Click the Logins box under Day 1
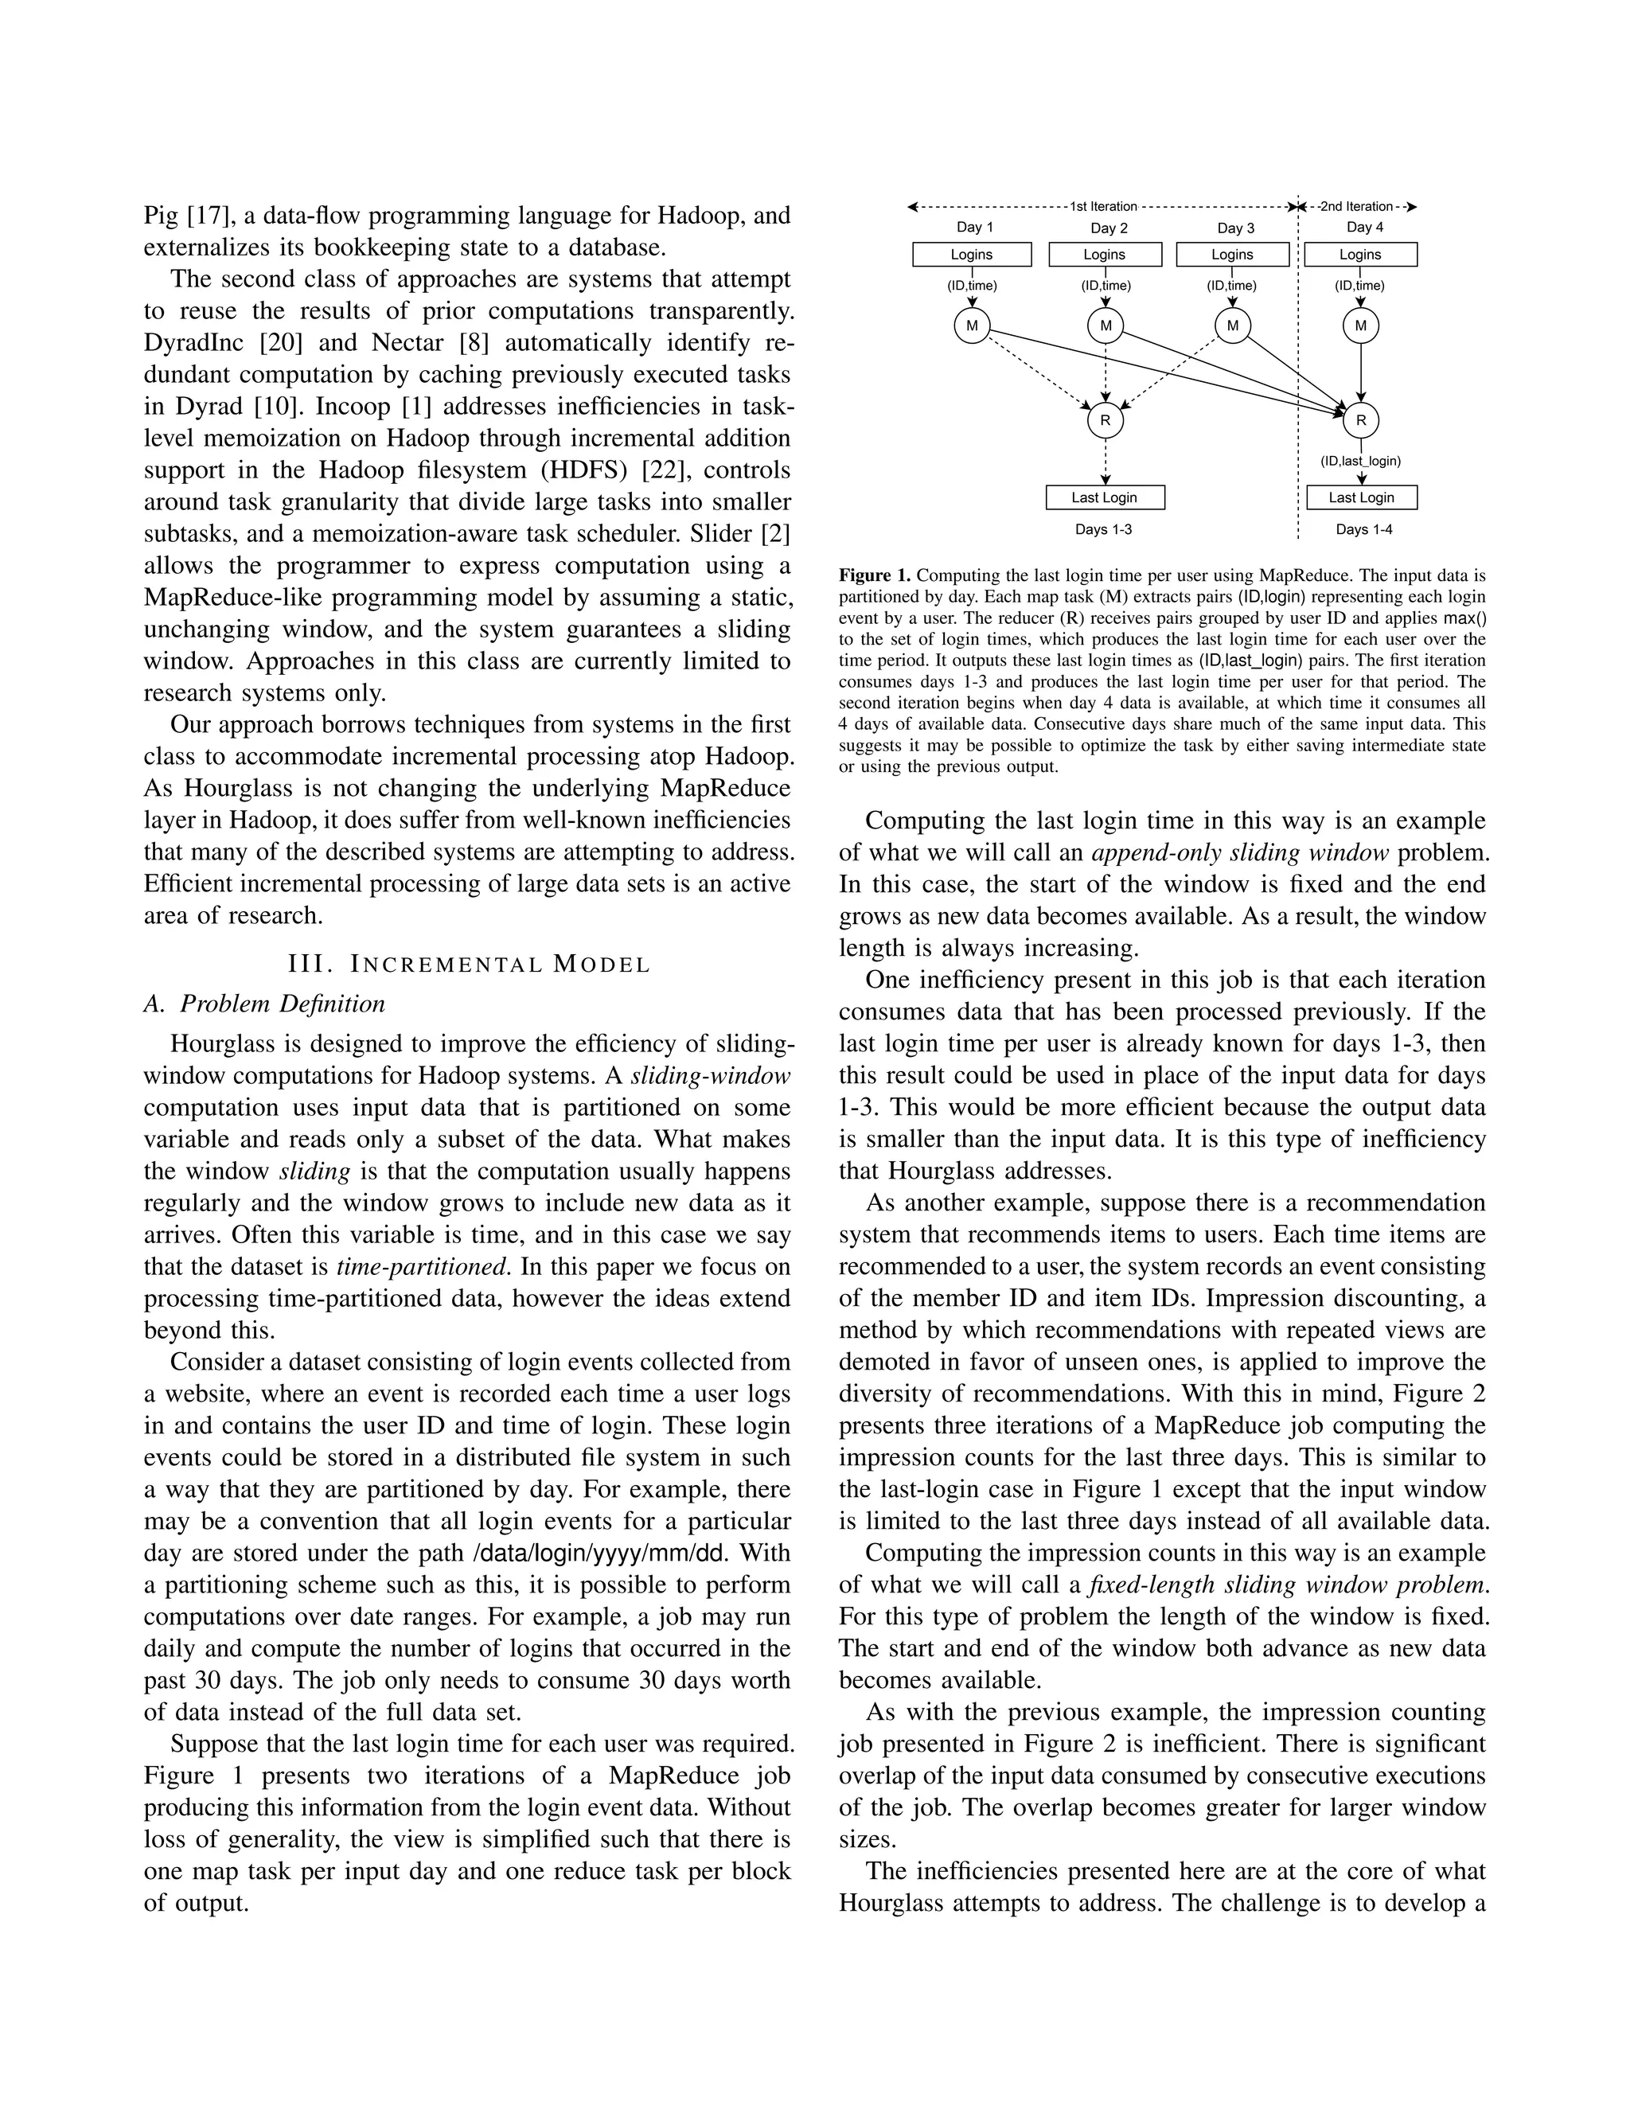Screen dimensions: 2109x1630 click(972, 254)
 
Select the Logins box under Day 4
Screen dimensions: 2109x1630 click(1359, 254)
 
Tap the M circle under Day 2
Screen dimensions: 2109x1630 click(1105, 326)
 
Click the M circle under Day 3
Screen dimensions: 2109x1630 click(1232, 326)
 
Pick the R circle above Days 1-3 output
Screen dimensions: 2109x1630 click(1105, 420)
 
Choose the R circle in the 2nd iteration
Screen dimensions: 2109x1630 click(1360, 420)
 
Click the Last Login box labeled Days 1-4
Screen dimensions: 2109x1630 click(1360, 497)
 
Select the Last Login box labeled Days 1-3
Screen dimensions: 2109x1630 click(1105, 497)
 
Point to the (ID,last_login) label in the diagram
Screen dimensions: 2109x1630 click(1360, 461)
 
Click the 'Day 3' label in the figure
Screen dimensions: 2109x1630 click(1235, 228)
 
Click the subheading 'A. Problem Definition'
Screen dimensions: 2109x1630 click(263, 1004)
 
